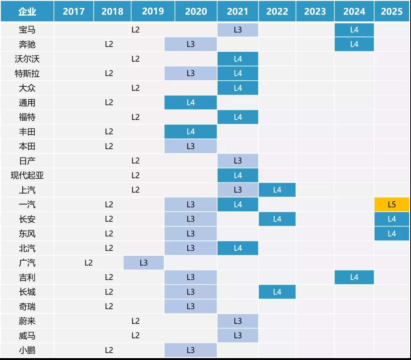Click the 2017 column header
73,11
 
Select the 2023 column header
315,11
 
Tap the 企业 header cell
27,11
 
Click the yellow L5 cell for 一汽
392,205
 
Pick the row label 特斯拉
27,73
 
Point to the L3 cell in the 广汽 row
143,263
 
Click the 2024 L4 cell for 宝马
354,30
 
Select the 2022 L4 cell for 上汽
277,190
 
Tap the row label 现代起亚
27,175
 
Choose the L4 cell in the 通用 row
191,103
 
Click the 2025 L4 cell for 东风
392,234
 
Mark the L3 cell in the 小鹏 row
191,350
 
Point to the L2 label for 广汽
89,263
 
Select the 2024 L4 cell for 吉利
354,277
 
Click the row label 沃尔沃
27,59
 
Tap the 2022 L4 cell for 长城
277,292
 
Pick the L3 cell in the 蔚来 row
238,321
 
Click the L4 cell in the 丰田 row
191,132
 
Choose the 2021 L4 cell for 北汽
238,248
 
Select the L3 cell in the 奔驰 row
191,44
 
